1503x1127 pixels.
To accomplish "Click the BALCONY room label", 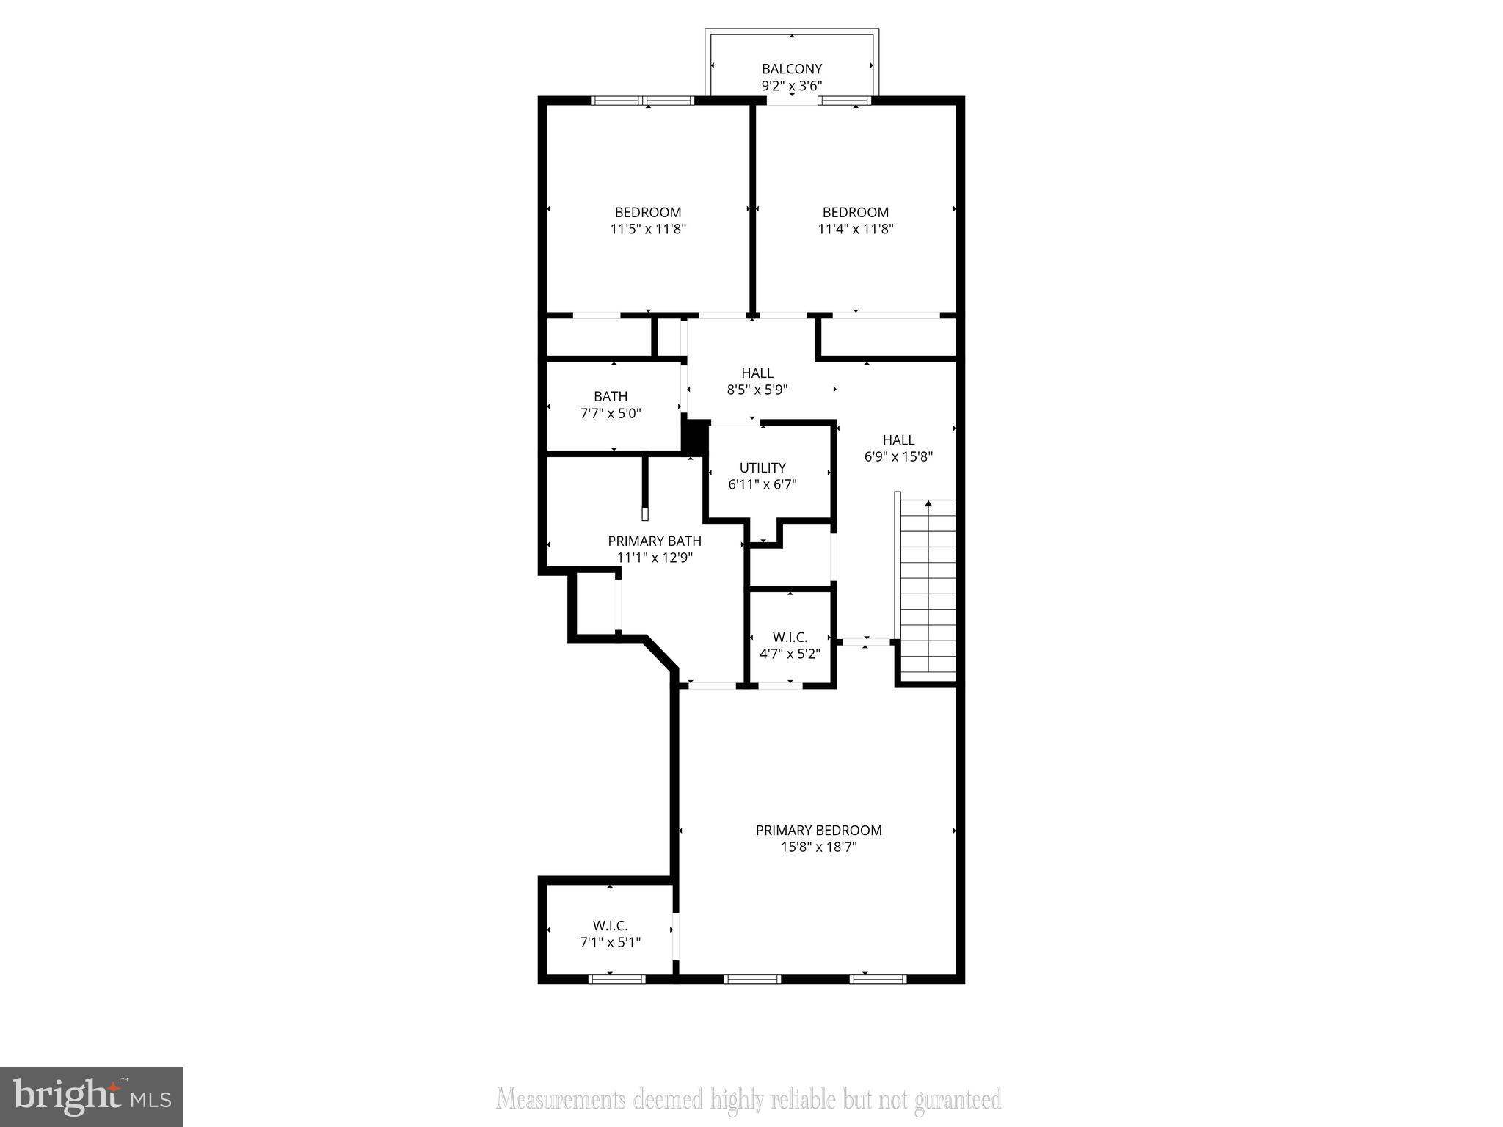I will click(791, 69).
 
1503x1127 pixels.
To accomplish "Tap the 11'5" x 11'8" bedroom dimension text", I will click(648, 229).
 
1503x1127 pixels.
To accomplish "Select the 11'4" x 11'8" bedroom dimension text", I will click(855, 229).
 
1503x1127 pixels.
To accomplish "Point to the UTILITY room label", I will click(763, 467).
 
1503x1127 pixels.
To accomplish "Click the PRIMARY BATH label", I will click(654, 541).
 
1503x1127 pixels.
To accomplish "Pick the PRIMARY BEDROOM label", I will click(818, 830).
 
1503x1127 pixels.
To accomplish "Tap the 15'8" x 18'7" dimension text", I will click(818, 847).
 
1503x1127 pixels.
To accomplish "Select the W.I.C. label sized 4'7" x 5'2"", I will click(790, 638).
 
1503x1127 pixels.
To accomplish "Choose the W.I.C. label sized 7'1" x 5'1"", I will click(610, 926).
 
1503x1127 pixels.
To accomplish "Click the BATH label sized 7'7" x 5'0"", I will click(611, 396).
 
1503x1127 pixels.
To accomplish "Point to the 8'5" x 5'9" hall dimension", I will click(757, 390).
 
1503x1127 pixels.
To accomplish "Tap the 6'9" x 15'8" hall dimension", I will click(898, 456).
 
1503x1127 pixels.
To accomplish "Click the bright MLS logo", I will click(92, 1097).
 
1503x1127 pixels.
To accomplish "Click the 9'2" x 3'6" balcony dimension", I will click(791, 86).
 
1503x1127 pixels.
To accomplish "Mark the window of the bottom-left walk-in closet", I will click(616, 978).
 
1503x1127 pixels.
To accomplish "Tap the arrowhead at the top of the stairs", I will click(928, 503).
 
